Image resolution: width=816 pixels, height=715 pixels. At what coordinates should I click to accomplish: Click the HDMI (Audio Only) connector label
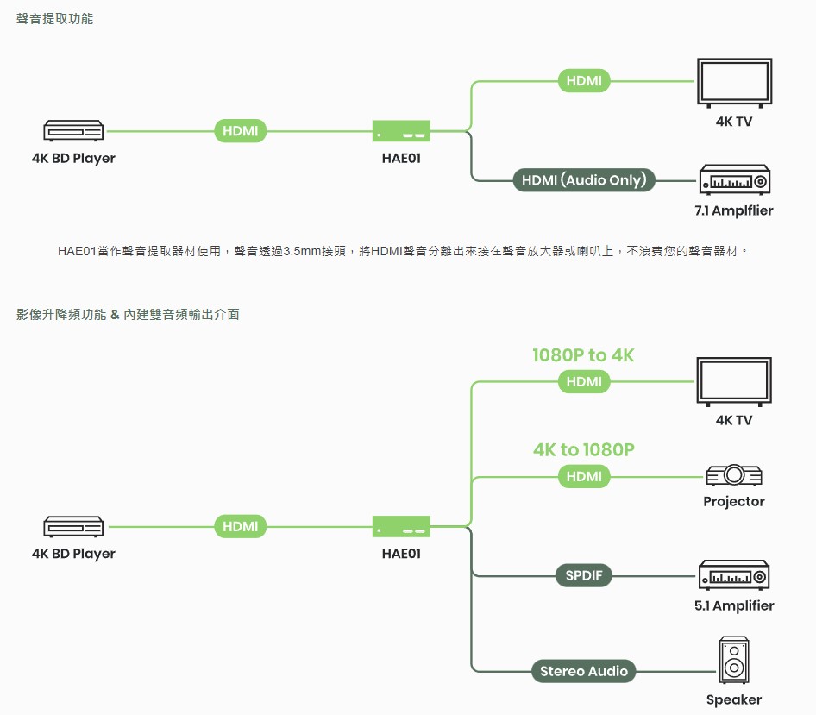tap(584, 180)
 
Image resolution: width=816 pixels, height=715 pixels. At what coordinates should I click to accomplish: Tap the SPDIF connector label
tap(584, 575)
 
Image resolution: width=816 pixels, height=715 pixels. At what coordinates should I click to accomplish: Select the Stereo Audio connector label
tap(584, 671)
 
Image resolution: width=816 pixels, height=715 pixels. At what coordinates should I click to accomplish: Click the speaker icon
tap(734, 660)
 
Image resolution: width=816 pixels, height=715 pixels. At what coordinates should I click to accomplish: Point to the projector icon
tap(734, 474)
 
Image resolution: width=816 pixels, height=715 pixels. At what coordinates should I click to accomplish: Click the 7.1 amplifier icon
tap(735, 179)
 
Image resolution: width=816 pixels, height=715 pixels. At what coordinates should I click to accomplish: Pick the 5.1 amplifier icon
tap(734, 575)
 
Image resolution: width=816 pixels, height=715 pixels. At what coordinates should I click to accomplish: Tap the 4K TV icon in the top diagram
tap(735, 83)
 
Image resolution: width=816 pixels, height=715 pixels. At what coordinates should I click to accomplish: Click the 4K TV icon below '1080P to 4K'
tap(734, 382)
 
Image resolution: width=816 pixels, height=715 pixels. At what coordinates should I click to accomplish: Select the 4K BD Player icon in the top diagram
tap(73, 130)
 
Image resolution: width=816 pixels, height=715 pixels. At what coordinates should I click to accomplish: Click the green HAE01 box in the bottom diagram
tap(401, 527)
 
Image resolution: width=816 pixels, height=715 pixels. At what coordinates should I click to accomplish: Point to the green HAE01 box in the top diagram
tap(401, 131)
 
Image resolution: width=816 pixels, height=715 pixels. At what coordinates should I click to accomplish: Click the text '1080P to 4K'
tap(583, 355)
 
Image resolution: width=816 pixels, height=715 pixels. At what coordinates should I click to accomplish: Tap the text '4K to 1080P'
tap(584, 449)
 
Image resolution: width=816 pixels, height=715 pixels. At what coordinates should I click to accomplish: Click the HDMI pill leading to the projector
tap(584, 477)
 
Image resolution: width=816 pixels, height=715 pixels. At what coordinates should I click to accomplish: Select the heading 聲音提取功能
tap(54, 19)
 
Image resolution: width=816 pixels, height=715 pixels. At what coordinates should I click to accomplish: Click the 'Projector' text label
tap(734, 501)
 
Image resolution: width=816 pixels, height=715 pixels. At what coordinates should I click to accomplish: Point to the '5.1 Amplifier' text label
tap(734, 605)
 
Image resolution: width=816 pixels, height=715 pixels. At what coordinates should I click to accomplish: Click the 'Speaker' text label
tap(734, 700)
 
